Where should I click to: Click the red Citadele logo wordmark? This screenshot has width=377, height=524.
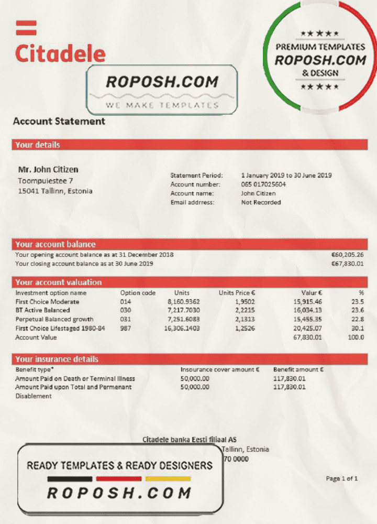click(60, 53)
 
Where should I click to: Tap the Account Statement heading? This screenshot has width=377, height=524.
click(59, 122)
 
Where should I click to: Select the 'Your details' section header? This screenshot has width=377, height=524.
click(37, 145)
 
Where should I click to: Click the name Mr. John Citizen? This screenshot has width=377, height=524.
click(48, 170)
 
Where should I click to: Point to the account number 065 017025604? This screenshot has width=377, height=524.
click(263, 184)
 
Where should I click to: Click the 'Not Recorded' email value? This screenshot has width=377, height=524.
click(261, 202)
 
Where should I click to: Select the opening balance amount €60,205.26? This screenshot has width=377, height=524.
click(347, 255)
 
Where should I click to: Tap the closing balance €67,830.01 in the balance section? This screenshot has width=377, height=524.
click(347, 264)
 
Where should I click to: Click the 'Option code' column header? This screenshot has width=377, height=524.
click(138, 293)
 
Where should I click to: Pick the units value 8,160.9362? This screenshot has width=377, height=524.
click(183, 302)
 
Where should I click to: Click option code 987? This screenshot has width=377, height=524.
click(125, 328)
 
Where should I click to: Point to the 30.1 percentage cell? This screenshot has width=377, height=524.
click(358, 328)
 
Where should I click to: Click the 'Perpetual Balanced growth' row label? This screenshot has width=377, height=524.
click(54, 319)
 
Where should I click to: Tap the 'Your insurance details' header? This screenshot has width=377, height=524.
click(57, 359)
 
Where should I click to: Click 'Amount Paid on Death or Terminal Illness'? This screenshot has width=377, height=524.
click(75, 378)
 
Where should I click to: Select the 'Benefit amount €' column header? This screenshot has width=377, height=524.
click(298, 369)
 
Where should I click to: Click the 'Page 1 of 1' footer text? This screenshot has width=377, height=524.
click(342, 478)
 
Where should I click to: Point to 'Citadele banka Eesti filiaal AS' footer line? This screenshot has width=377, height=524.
click(190, 440)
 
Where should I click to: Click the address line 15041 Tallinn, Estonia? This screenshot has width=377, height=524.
click(55, 191)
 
